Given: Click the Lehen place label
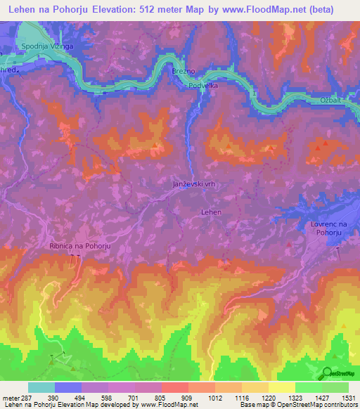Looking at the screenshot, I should click(211, 212).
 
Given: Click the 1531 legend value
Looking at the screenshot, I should click(347, 397).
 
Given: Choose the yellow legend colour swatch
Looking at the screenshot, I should click(281, 387).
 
